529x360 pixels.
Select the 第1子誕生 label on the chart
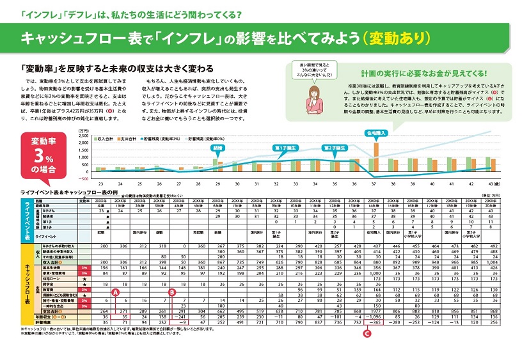285,148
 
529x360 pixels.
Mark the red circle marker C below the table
367,333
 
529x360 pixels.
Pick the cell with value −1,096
376,316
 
